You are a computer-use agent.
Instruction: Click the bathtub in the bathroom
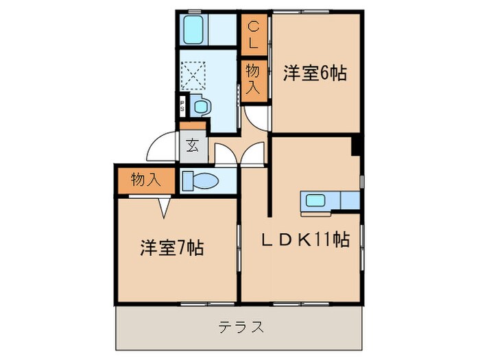pyautogui.click(x=195, y=29)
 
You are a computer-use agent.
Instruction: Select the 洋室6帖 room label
pyautogui.click(x=314, y=73)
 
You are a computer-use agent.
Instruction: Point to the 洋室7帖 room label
pyautogui.click(x=171, y=248)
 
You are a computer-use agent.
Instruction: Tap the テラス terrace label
pyautogui.click(x=241, y=326)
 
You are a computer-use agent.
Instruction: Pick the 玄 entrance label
pyautogui.click(x=193, y=145)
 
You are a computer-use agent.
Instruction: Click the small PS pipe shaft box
pyautogui.click(x=182, y=106)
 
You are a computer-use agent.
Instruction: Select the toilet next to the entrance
pyautogui.click(x=201, y=180)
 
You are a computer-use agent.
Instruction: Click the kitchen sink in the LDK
pyautogui.click(x=317, y=201)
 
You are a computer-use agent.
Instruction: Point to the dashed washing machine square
pyautogui.click(x=195, y=73)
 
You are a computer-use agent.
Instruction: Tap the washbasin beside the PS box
pyautogui.click(x=200, y=106)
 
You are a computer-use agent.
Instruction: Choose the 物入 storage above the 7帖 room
pyautogui.click(x=145, y=180)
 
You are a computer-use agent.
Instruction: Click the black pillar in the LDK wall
pyautogui.click(x=357, y=146)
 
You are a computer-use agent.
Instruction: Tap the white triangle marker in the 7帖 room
pyautogui.click(x=165, y=206)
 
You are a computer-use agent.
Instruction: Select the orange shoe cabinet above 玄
pyautogui.click(x=193, y=125)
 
